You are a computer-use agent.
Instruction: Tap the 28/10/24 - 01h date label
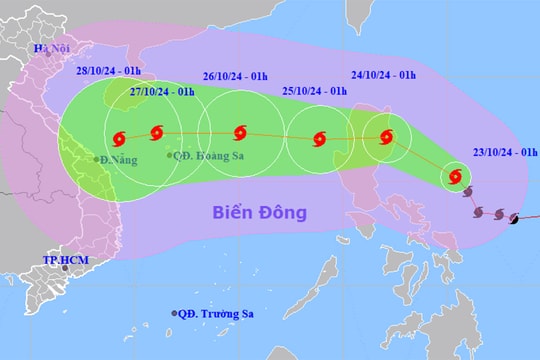click(111, 72)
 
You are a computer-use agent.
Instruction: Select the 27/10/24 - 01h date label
click(161, 92)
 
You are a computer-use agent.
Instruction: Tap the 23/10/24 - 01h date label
click(505, 153)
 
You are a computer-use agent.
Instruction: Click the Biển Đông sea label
click(258, 212)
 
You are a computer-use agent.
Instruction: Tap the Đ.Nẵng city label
click(112, 159)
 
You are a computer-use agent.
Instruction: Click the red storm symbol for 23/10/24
click(456, 178)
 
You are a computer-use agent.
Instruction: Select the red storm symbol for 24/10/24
click(388, 138)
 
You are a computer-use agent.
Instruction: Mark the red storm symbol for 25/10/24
click(319, 139)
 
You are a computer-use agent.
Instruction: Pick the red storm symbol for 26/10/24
click(239, 132)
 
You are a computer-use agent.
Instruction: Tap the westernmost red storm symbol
click(119, 138)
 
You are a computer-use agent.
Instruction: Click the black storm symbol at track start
click(514, 218)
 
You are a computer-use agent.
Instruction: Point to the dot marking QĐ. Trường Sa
click(175, 313)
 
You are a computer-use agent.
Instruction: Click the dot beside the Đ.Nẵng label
click(97, 159)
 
